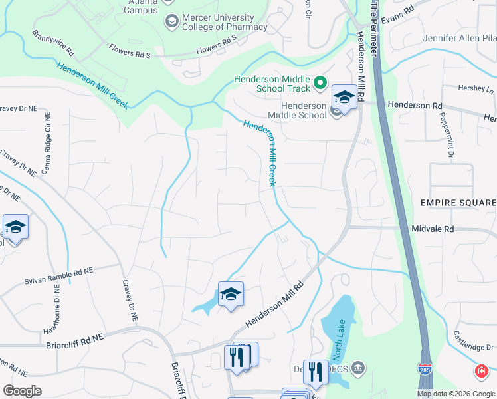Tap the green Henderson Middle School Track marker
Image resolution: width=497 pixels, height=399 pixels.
pyautogui.click(x=320, y=83)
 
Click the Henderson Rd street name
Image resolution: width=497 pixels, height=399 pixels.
pyautogui.click(x=415, y=105)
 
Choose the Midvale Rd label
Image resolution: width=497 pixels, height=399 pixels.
pyautogui.click(x=432, y=228)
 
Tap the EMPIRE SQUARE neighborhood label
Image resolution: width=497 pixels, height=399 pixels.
pyautogui.click(x=458, y=202)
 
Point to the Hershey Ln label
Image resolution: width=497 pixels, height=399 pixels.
pyautogui.click(x=477, y=88)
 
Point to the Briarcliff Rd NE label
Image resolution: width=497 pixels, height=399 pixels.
pyautogui.click(x=75, y=338)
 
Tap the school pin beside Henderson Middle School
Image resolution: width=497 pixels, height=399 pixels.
pyautogui.click(x=344, y=98)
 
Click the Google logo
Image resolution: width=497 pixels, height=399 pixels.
pyautogui.click(x=23, y=391)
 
